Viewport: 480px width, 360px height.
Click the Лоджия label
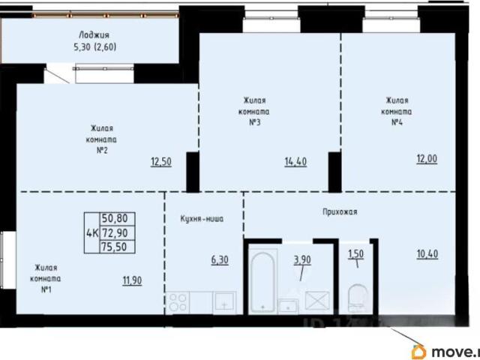(94, 34)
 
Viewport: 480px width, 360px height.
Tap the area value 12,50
(161, 161)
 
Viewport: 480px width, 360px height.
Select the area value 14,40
(295, 161)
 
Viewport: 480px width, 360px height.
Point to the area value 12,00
(427, 159)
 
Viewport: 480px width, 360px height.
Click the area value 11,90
(132, 280)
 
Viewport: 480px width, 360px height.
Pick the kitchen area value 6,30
(220, 260)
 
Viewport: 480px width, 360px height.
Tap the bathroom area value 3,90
(302, 260)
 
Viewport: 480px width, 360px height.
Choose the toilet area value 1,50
(355, 253)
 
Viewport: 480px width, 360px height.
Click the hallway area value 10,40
(427, 253)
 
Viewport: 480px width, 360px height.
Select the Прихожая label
(340, 211)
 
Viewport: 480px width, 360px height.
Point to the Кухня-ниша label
(202, 219)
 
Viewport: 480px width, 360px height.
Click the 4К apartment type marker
(92, 233)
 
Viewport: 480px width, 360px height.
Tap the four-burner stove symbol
(178, 302)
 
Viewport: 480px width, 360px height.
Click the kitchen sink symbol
(224, 302)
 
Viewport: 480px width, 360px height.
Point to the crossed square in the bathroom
(317, 301)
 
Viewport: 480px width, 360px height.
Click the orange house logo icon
(418, 352)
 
